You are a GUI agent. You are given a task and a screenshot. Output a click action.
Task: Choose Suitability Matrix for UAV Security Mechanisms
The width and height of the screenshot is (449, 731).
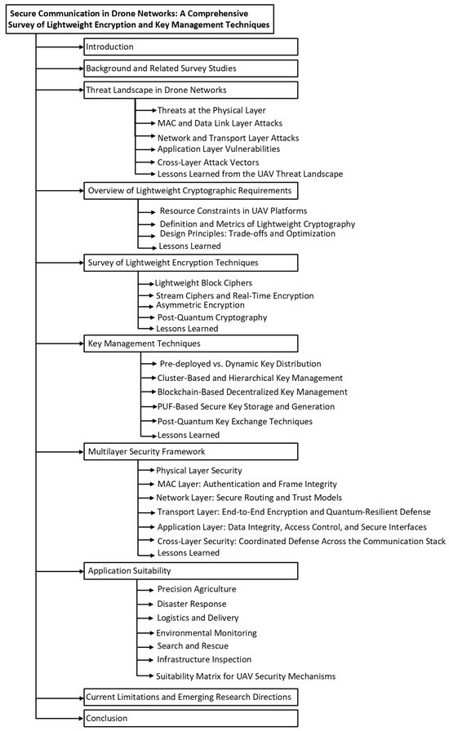point(246,676)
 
